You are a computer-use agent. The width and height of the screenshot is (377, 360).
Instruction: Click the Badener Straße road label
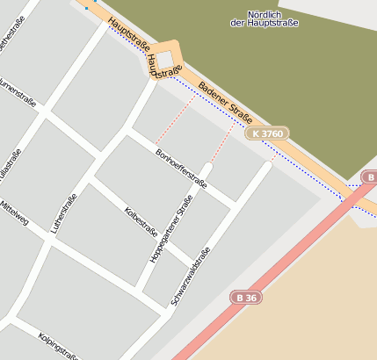(226, 102)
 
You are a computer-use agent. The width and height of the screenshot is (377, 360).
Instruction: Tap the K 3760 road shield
(267, 133)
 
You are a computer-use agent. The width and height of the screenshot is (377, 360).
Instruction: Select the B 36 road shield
(247, 298)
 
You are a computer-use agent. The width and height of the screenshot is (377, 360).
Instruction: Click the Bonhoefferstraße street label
(180, 168)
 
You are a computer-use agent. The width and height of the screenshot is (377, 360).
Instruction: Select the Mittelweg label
(16, 212)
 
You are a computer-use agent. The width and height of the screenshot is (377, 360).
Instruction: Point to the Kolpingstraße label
(57, 344)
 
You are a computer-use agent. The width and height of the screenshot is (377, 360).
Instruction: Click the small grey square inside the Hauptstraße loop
(166, 58)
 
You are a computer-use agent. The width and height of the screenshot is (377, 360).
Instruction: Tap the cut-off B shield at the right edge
(370, 177)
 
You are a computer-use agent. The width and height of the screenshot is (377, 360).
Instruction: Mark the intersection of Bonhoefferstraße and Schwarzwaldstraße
(234, 205)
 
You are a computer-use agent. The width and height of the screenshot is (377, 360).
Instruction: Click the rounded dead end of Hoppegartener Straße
(207, 167)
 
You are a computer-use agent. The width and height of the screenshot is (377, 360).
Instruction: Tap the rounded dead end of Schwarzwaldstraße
(268, 164)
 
